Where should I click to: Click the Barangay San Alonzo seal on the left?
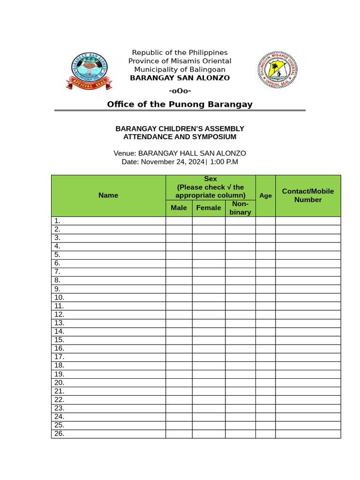click(x=89, y=69)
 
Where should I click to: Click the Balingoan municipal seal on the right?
click(x=278, y=69)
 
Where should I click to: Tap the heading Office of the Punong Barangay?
click(x=180, y=104)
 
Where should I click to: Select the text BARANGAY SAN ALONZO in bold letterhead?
click(x=180, y=78)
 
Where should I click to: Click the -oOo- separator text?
click(x=180, y=90)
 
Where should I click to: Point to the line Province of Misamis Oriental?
click(x=180, y=61)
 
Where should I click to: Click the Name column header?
click(x=108, y=195)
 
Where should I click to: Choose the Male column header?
click(x=179, y=208)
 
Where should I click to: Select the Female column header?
click(x=209, y=208)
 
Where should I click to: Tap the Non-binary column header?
click(x=240, y=208)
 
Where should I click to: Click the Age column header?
click(x=265, y=195)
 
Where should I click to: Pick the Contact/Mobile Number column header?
click(x=308, y=195)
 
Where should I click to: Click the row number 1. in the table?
click(x=57, y=221)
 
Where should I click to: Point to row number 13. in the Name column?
click(x=59, y=323)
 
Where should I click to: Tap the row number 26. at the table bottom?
click(x=59, y=434)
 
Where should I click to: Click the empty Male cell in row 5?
click(x=179, y=255)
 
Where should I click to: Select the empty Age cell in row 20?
click(x=265, y=382)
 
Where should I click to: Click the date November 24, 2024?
click(x=172, y=162)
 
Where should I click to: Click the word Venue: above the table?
click(x=125, y=153)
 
